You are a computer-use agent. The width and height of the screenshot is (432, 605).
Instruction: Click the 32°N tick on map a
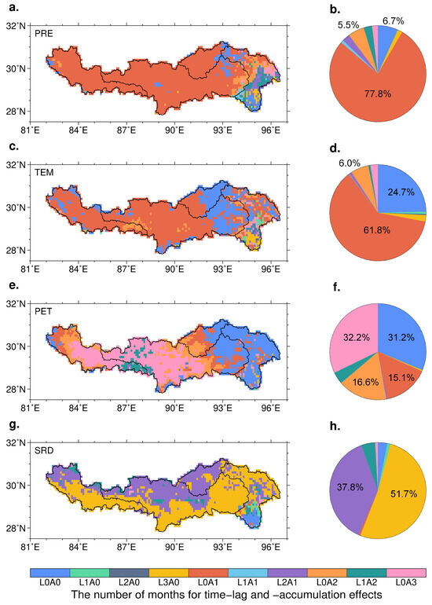[16, 26]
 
